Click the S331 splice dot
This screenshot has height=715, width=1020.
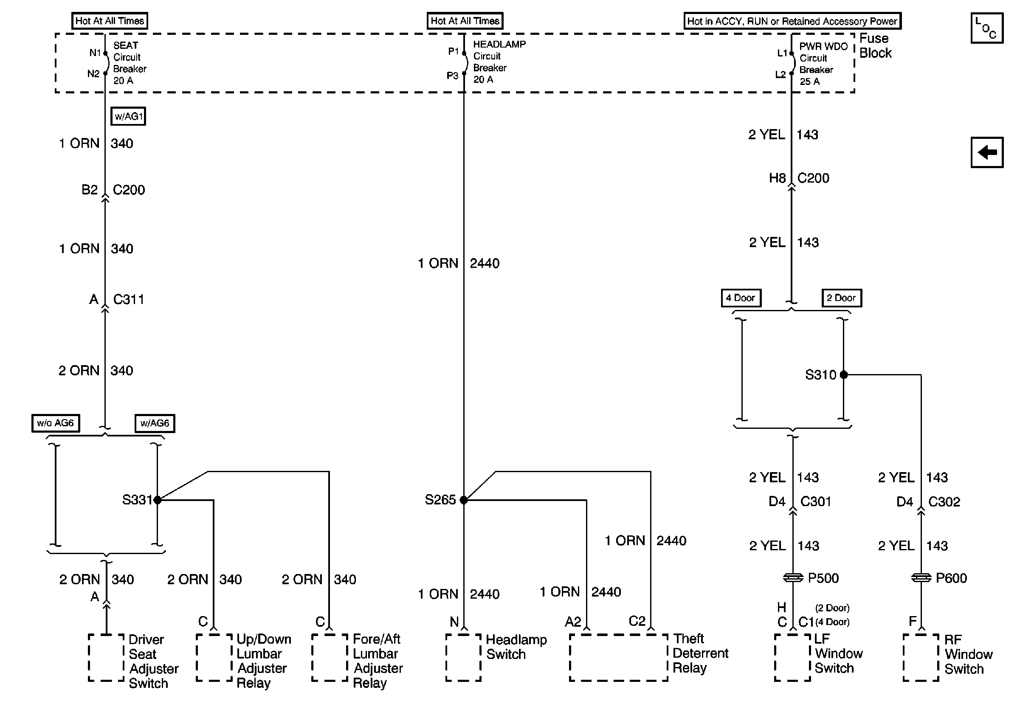[157, 500]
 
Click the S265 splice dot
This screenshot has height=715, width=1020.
[463, 500]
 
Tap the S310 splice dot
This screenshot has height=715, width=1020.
[844, 375]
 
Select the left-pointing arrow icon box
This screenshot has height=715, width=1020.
[987, 152]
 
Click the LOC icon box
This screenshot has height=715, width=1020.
[987, 28]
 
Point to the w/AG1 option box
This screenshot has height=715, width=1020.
[128, 116]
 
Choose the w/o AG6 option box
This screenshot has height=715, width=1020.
[56, 423]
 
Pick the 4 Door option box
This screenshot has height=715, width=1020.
[741, 298]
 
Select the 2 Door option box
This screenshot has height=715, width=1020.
[841, 298]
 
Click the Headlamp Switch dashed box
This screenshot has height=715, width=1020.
[463, 658]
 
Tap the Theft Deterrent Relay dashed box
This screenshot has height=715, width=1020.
[618, 658]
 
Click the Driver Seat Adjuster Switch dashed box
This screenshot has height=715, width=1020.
[106, 658]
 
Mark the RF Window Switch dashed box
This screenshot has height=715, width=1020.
[921, 658]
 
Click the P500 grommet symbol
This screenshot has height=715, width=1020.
[793, 578]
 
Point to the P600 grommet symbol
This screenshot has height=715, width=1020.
[921, 578]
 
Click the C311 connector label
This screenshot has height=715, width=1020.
[128, 299]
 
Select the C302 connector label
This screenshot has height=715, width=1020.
[944, 502]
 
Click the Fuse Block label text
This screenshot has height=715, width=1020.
[875, 46]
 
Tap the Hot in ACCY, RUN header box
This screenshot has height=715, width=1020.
[792, 21]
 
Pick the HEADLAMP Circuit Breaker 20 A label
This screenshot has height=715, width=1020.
[499, 62]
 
